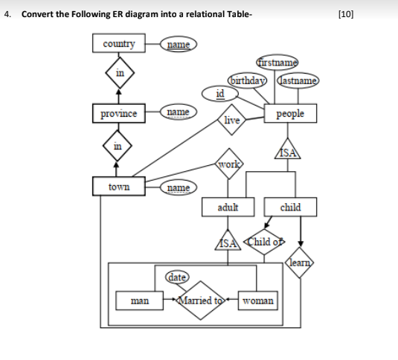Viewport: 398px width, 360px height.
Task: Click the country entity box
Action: point(119,44)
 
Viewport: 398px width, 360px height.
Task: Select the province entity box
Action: point(119,114)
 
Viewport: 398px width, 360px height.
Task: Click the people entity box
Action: point(289,115)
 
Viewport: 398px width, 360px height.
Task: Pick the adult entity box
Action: point(227,207)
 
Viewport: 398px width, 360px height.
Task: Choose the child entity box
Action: point(290,207)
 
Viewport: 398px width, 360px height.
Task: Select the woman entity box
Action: point(259,301)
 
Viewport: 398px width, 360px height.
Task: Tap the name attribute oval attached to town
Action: point(177,187)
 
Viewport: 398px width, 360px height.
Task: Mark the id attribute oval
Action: point(219,93)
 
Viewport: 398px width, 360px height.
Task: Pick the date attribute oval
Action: point(177,277)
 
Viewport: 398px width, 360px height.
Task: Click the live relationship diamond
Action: point(232,120)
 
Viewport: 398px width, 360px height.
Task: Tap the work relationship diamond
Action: point(228,163)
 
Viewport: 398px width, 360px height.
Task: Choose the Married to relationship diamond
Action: point(203,301)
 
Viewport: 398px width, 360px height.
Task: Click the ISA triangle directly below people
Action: point(289,151)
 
